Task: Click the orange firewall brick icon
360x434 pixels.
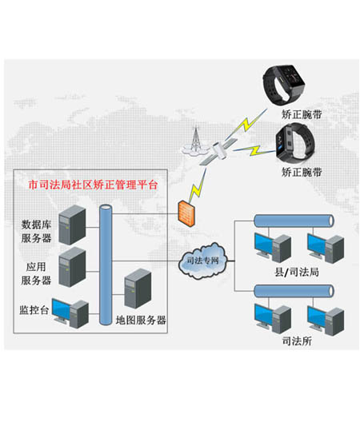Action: [x=183, y=213]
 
